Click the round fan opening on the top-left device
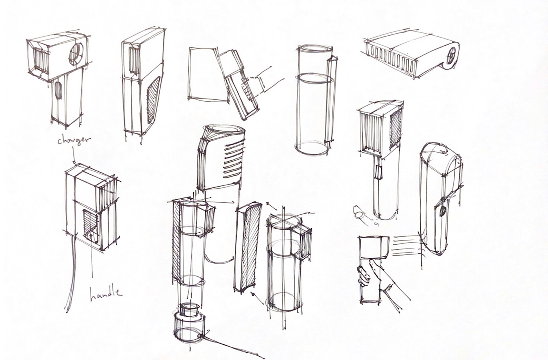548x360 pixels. coord(76,54)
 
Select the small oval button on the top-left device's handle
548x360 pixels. coord(58,90)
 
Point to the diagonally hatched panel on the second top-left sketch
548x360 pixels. coord(153,99)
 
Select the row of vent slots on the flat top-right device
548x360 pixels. coord(391,61)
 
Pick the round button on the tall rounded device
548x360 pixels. coord(443,211)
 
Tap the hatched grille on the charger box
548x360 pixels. coord(91,225)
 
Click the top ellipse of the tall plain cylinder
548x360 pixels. coord(315,49)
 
